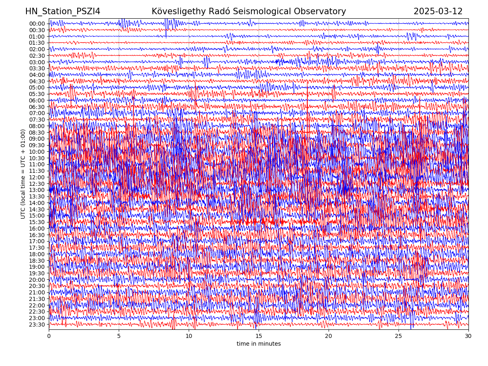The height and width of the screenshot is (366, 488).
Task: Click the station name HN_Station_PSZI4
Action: pos(63,11)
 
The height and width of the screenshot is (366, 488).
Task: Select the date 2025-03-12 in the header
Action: pos(438,11)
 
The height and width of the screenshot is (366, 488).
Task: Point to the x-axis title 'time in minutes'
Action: pos(259,344)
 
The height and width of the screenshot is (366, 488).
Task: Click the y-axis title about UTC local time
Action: pos(23,174)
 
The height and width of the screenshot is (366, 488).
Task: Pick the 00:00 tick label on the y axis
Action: pos(37,24)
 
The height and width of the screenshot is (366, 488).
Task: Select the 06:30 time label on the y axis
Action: pos(37,107)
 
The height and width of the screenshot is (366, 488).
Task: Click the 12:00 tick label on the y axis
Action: pos(37,177)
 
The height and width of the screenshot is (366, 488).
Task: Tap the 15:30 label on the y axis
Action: pos(37,222)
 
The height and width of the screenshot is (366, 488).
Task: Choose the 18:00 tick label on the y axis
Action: pos(37,254)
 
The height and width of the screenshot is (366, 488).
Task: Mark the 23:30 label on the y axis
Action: pos(37,325)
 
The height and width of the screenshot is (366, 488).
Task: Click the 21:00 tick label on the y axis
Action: pos(37,292)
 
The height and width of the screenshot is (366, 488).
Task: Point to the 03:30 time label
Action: pos(37,68)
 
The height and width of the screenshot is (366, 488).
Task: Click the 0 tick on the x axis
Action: pos(49,336)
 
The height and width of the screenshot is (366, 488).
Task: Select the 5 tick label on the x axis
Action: pos(119,336)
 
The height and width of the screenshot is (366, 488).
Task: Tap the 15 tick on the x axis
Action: pos(259,336)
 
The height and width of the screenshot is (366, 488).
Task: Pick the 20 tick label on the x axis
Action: pos(329,336)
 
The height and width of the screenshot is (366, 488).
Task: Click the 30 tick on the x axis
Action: pos(468,336)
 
